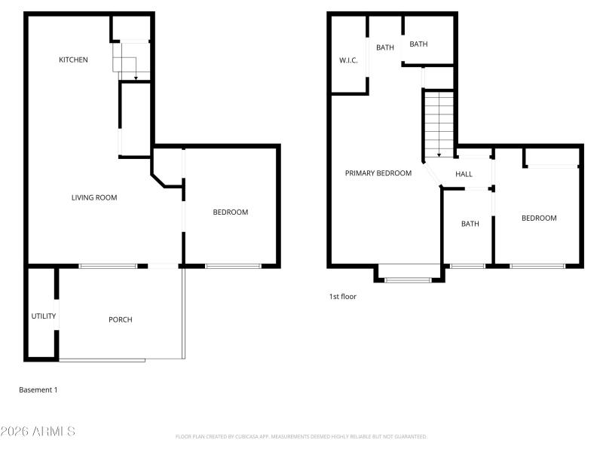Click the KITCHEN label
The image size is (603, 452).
pyautogui.click(x=74, y=60)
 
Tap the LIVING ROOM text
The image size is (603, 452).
pyautogui.click(x=94, y=198)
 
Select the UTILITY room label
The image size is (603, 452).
pyautogui.click(x=44, y=316)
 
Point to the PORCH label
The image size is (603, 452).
pyautogui.click(x=121, y=319)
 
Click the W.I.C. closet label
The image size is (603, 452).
pyautogui.click(x=348, y=60)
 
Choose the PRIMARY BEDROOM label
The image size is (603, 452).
pyautogui.click(x=378, y=173)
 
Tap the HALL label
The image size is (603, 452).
pyautogui.click(x=464, y=174)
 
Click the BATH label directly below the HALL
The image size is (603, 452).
pyautogui.click(x=470, y=224)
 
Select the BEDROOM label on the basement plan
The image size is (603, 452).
pyautogui.click(x=231, y=212)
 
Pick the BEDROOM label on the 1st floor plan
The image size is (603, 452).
pyautogui.click(x=539, y=218)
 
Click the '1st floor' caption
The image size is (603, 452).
pyautogui.click(x=342, y=297)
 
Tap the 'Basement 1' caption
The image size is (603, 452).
pyautogui.click(x=38, y=390)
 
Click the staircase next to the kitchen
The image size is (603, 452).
pyautogui.click(x=131, y=60)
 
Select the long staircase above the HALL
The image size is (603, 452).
pyautogui.click(x=439, y=123)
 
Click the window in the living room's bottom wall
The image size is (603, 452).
pyautogui.click(x=108, y=266)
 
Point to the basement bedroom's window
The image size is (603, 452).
pyautogui.click(x=233, y=266)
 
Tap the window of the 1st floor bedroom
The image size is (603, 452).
pyautogui.click(x=537, y=266)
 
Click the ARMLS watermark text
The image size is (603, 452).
pyautogui.click(x=38, y=432)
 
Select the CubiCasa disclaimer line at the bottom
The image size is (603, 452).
pyautogui.click(x=301, y=437)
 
